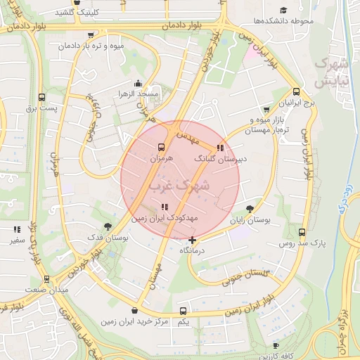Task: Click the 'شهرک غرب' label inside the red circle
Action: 179,186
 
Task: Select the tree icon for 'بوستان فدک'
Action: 107,226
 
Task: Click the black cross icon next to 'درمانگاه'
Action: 192,240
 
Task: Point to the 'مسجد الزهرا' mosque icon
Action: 137,82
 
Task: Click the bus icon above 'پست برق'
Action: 41,97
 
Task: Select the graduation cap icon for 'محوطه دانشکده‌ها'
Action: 283,11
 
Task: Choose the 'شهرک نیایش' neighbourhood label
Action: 332,72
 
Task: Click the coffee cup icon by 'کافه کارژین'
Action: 276,346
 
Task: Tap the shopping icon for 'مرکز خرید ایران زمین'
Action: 134,310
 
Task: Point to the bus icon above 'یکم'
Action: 183,310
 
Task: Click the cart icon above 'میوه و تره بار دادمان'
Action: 90,34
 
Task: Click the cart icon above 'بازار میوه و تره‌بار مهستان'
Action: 266,110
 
